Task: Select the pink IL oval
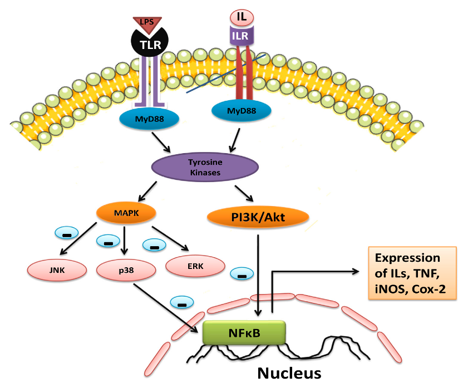241,17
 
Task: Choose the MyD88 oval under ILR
242,110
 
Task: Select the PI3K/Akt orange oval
258,217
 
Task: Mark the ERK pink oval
195,266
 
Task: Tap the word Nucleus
289,373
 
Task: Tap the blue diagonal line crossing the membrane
225,74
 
